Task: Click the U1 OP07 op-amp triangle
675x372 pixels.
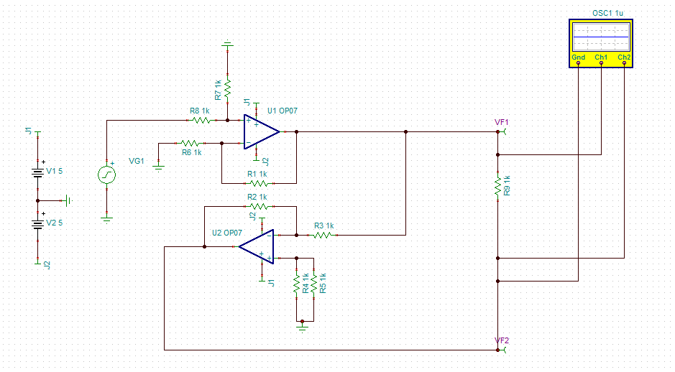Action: point(260,132)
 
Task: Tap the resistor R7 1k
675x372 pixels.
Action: point(227,88)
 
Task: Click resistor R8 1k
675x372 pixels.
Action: point(201,121)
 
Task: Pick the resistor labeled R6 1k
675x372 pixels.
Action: point(192,143)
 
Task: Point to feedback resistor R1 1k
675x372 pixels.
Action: point(257,182)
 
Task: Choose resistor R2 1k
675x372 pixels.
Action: point(257,205)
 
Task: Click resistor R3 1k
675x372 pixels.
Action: point(323,235)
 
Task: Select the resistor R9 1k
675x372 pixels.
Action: point(497,186)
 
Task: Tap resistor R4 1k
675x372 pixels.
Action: point(296,283)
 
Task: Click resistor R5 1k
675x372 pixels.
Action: point(313,283)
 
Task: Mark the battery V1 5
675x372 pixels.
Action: point(37,172)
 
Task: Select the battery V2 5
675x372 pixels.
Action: point(37,223)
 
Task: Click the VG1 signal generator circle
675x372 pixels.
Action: point(106,175)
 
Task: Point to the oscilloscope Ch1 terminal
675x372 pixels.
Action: point(602,62)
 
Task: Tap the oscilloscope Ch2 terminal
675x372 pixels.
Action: point(624,62)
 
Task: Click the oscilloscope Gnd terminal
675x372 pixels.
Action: point(579,62)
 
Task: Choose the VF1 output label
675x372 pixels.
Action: point(501,123)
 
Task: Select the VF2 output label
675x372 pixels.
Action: point(501,340)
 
